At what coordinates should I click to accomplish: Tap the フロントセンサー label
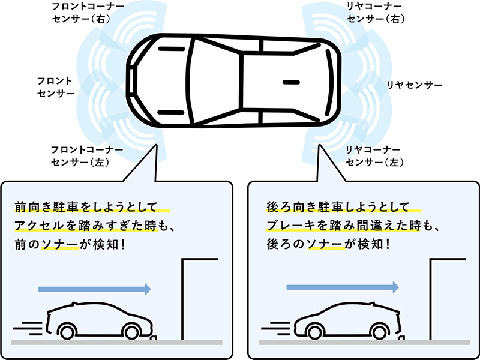[55, 87]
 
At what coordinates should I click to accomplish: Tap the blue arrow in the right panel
[343, 287]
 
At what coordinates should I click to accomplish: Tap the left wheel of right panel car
[314, 331]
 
